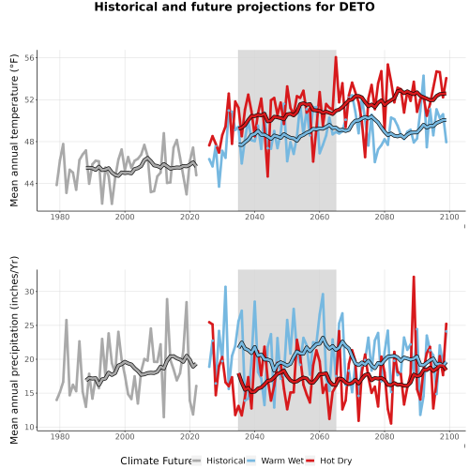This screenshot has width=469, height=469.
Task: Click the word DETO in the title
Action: click(x=357, y=7)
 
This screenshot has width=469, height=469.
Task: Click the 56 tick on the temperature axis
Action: click(x=29, y=58)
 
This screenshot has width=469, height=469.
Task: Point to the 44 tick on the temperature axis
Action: click(x=29, y=184)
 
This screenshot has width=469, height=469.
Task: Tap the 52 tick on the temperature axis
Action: click(x=29, y=99)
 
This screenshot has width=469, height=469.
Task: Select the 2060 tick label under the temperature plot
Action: click(x=320, y=217)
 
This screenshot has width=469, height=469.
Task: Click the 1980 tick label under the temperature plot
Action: click(x=60, y=217)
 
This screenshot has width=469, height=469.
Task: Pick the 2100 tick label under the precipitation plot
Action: click(x=449, y=436)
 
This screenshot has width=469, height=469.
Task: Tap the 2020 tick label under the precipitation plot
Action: click(x=189, y=436)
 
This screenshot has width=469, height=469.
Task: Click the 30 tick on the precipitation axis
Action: click(x=29, y=292)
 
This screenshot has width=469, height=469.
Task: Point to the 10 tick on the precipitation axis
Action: click(x=29, y=427)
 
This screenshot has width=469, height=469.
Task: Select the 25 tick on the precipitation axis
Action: click(x=29, y=325)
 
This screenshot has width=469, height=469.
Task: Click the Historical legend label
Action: click(x=226, y=461)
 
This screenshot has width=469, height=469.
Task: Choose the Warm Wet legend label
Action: click(x=282, y=461)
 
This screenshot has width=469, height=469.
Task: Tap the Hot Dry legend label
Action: click(x=336, y=461)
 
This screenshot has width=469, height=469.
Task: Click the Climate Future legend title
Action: click(x=156, y=461)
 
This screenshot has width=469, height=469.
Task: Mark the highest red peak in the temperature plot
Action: click(x=336, y=57)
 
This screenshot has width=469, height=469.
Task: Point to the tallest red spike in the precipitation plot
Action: click(x=414, y=277)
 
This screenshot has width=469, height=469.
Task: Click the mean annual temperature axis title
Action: click(x=14, y=130)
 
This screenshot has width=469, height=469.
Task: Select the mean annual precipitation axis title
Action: click(x=14, y=350)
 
